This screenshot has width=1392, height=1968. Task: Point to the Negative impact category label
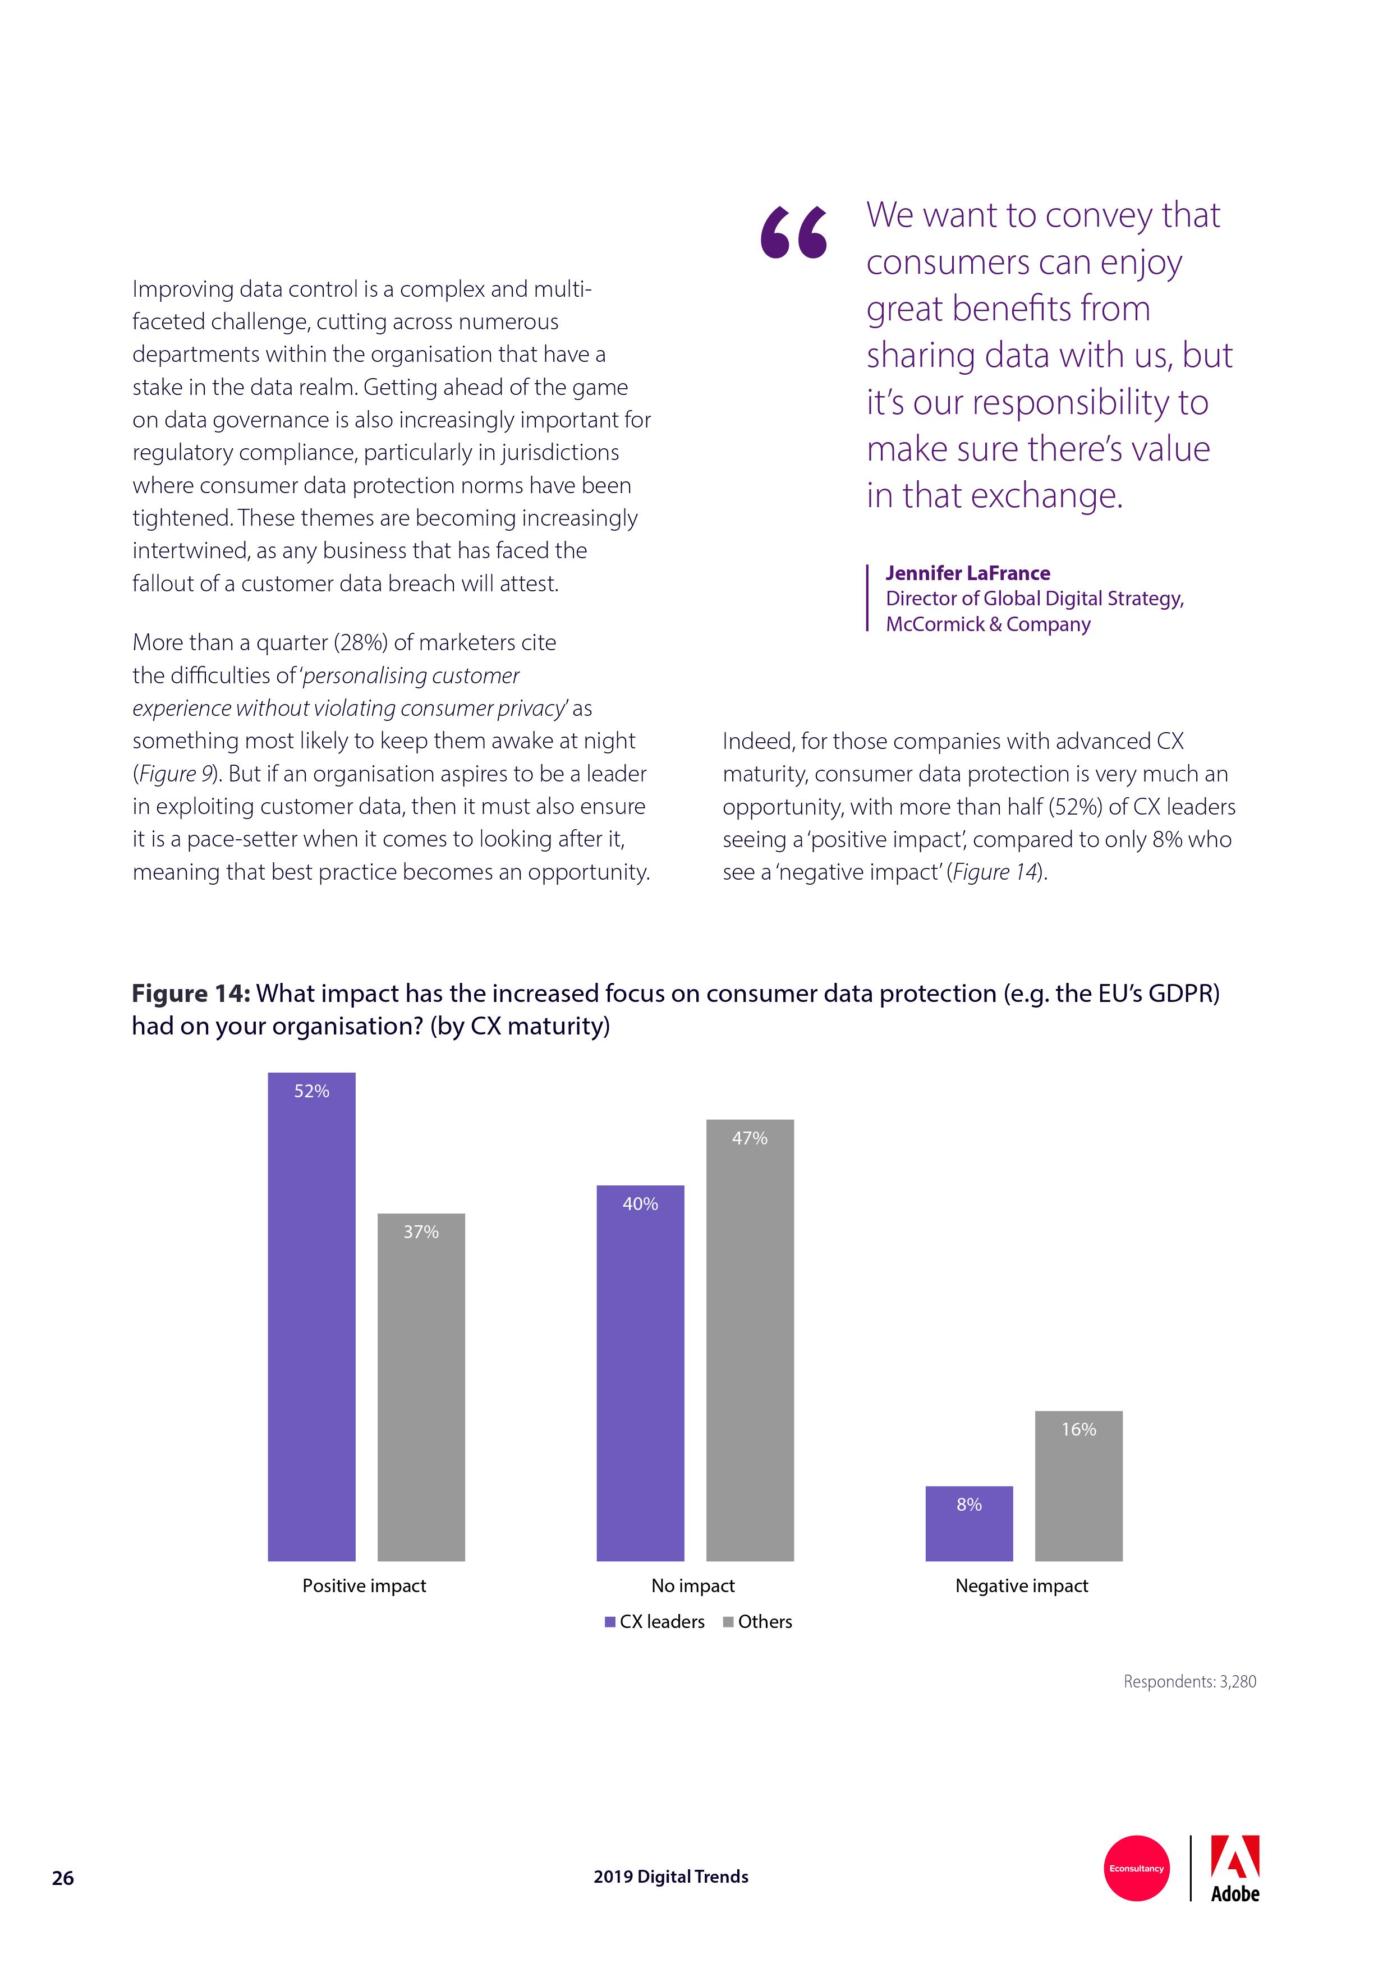click(1022, 1586)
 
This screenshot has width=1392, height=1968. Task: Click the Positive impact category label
click(364, 1586)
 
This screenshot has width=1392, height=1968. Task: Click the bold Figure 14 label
click(190, 994)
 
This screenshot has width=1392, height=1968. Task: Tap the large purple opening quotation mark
click(794, 233)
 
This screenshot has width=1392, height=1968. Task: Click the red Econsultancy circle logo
click(1137, 1869)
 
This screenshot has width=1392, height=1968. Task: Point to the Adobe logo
click(1234, 1869)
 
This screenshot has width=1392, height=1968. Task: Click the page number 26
click(63, 1878)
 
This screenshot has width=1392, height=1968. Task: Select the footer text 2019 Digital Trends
click(670, 1877)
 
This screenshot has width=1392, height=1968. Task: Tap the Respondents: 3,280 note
click(1189, 1682)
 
